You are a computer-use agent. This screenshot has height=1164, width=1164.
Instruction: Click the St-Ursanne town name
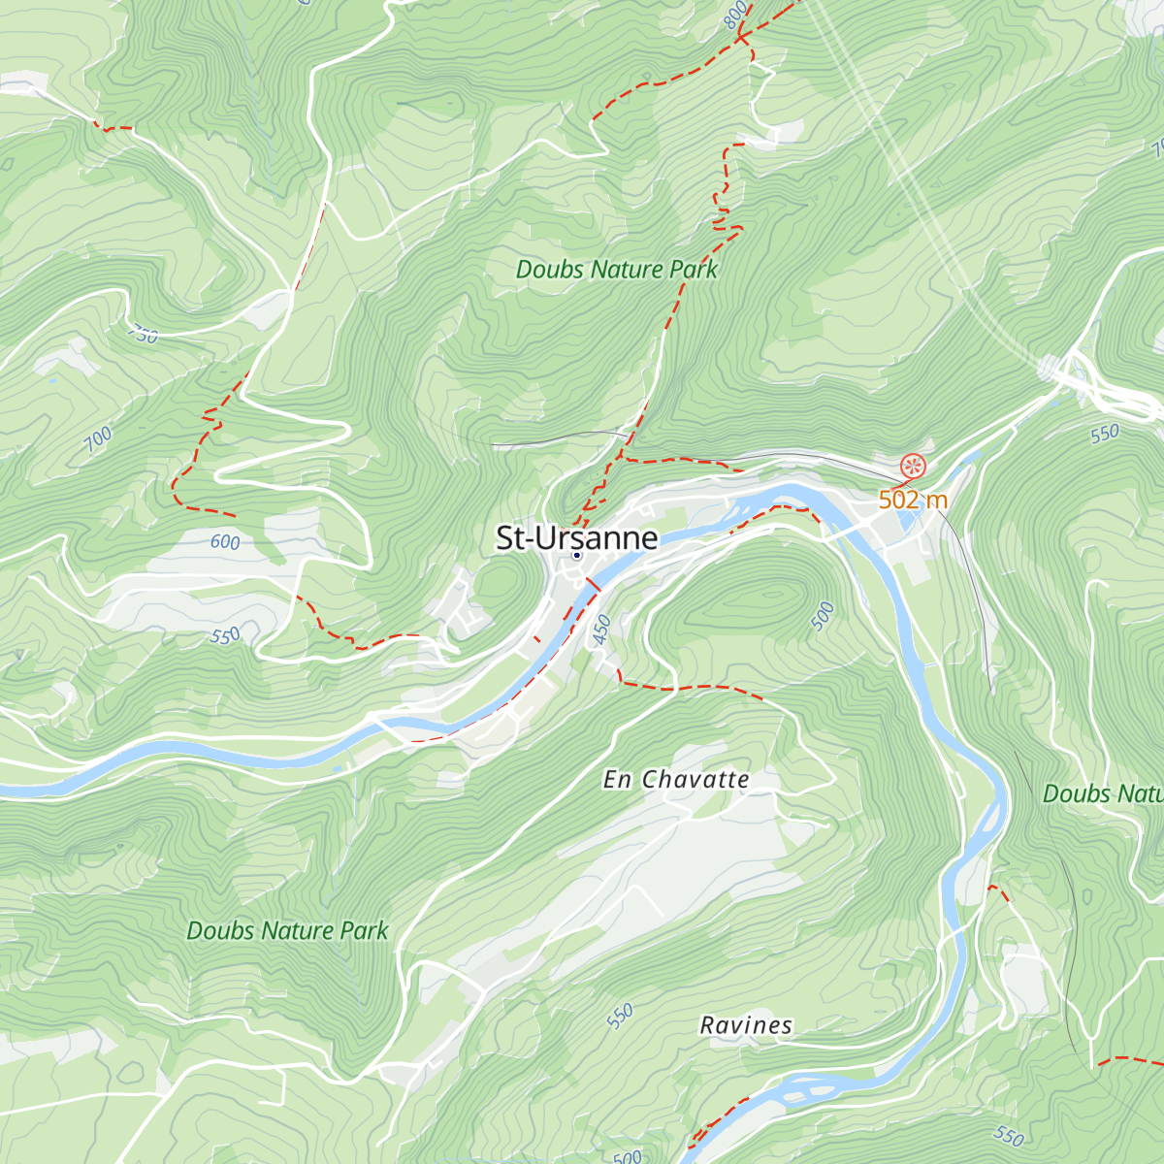[x=576, y=537]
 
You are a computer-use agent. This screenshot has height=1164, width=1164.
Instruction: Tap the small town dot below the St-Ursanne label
[x=576, y=556]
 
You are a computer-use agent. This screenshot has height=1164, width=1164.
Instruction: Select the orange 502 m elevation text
[x=912, y=500]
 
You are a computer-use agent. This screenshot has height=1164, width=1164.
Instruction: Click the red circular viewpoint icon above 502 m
[x=913, y=467]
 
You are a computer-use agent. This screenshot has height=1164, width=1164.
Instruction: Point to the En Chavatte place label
[x=676, y=780]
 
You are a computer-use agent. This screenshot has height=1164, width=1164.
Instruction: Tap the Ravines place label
[x=746, y=1025]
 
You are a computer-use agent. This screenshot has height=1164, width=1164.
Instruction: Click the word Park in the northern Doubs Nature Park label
[x=693, y=270]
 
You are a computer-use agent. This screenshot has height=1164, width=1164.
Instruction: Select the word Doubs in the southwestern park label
[x=220, y=931]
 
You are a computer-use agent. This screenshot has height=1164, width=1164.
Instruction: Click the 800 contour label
[x=736, y=14]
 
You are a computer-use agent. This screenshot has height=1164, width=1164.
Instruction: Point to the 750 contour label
[x=143, y=336]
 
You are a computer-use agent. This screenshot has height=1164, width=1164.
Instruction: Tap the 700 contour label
[x=98, y=439]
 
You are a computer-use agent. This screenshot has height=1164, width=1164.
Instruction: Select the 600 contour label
[x=225, y=542]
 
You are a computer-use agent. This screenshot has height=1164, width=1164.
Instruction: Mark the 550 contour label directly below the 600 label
[x=225, y=636]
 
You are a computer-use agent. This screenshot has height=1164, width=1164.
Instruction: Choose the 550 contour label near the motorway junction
[x=1104, y=434]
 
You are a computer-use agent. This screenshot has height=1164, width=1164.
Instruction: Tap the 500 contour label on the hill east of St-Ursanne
[x=823, y=616]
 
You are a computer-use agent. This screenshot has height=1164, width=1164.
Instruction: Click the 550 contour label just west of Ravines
[x=620, y=1016]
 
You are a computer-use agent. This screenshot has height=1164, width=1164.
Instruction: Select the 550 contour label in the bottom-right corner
[x=1009, y=1136]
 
